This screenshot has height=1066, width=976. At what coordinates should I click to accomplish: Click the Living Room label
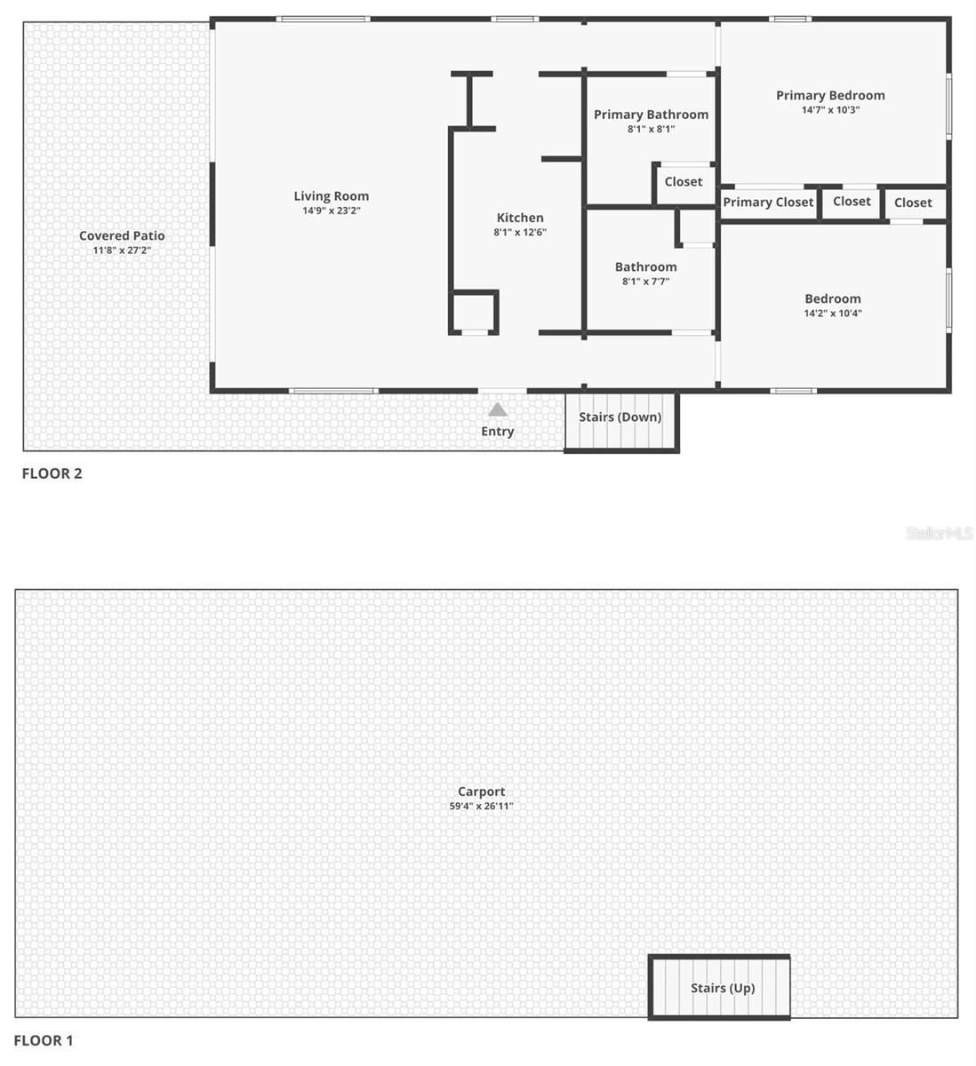point(331,196)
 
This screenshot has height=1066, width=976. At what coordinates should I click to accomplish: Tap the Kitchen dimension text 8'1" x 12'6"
point(520,233)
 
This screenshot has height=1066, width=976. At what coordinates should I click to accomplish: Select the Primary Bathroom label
point(651,115)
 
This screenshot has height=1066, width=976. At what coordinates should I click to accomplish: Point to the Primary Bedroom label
point(830,95)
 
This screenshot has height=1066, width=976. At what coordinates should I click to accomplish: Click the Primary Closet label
point(768,203)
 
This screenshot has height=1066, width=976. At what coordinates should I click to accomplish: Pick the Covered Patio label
point(122,235)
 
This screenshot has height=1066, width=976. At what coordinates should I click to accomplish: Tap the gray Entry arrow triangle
point(498,410)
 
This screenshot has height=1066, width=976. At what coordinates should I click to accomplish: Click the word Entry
point(498,432)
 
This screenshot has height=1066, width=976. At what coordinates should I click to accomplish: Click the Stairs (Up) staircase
point(721,988)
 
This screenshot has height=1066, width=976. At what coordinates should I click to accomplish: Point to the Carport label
point(482,792)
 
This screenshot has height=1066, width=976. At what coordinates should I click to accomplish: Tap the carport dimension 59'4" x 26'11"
point(482,807)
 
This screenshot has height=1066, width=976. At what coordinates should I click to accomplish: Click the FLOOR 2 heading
point(52,473)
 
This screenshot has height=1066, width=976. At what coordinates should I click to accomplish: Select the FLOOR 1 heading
point(44,1040)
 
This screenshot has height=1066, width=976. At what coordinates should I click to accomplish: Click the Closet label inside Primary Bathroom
point(684,182)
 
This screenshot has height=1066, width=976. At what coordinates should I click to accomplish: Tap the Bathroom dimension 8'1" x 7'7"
point(645,282)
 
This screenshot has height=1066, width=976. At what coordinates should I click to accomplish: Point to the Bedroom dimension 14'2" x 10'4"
point(833,314)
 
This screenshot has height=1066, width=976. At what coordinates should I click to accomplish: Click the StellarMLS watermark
point(939,533)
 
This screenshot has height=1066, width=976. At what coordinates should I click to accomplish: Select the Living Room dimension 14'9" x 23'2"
point(331,211)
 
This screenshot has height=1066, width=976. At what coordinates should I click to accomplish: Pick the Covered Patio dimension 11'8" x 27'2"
point(122,251)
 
